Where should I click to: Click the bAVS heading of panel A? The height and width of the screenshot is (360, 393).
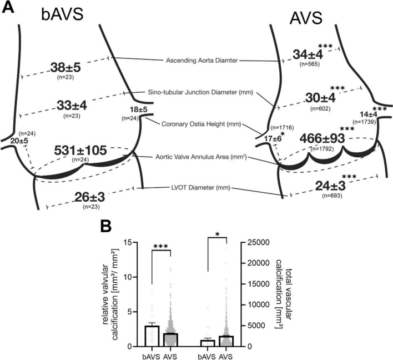click(x=62, y=14)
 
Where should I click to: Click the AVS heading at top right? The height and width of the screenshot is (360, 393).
click(x=306, y=18)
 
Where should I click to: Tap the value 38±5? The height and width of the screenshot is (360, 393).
click(x=65, y=67)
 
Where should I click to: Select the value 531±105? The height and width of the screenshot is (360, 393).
click(x=80, y=150)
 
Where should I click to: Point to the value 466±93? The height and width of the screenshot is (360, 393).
click(x=323, y=138)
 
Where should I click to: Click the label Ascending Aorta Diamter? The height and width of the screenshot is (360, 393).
click(x=201, y=61)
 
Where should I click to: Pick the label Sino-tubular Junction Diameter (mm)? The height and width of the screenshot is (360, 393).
click(x=200, y=92)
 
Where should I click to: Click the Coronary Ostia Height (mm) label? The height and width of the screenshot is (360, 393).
click(x=201, y=124)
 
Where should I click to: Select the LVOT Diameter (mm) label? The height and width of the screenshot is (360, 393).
click(x=199, y=187)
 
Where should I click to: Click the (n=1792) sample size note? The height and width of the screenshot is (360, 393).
click(x=322, y=149)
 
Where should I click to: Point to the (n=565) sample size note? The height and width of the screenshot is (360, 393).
click(x=310, y=64)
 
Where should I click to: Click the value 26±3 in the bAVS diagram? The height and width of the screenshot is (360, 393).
click(x=90, y=197)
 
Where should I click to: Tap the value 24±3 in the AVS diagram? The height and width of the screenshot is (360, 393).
click(x=330, y=186)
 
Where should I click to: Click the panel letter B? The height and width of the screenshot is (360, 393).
click(x=106, y=227)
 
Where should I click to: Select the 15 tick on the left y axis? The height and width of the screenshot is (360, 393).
click(x=129, y=243)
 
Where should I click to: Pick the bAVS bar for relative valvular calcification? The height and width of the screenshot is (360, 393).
click(x=152, y=336)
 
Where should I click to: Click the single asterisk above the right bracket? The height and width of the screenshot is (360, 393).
click(x=217, y=234)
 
